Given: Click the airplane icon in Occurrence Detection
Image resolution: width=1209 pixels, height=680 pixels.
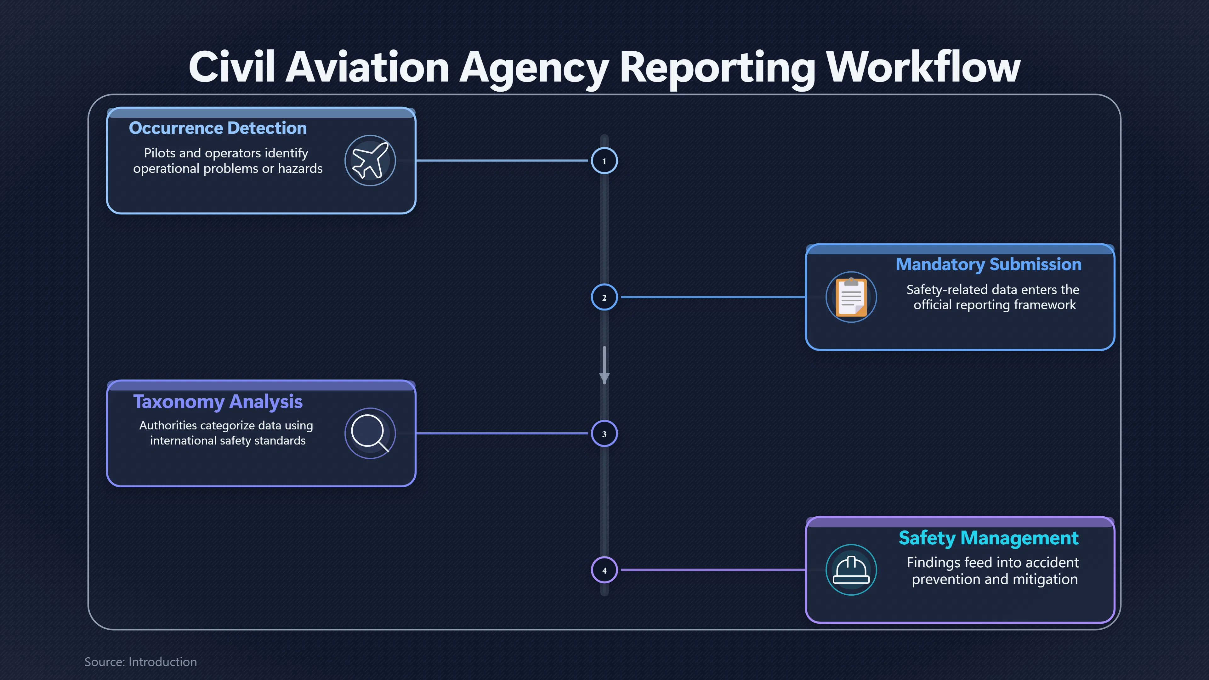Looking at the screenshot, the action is [370, 161].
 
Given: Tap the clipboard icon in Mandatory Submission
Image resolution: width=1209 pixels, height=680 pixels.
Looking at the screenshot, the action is [851, 297].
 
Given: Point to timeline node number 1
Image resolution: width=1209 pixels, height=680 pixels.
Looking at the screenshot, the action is [604, 161].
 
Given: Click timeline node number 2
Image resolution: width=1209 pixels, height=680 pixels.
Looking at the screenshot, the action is [604, 297].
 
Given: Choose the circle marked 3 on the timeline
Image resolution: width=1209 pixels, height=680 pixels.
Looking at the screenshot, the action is [604, 433].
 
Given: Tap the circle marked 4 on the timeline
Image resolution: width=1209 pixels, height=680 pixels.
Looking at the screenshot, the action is [604, 570].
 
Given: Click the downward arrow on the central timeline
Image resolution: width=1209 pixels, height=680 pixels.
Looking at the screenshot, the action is [604, 365].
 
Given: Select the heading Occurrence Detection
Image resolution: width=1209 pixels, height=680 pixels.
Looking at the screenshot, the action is [218, 128].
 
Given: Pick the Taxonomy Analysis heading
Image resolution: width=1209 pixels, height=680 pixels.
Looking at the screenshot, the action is [218, 402].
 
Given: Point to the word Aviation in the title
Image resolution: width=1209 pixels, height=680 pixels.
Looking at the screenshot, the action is [367, 67].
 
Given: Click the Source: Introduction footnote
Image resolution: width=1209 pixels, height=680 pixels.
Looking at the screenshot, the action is [140, 662].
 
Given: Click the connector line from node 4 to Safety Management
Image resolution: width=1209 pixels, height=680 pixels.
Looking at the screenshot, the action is [712, 570].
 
